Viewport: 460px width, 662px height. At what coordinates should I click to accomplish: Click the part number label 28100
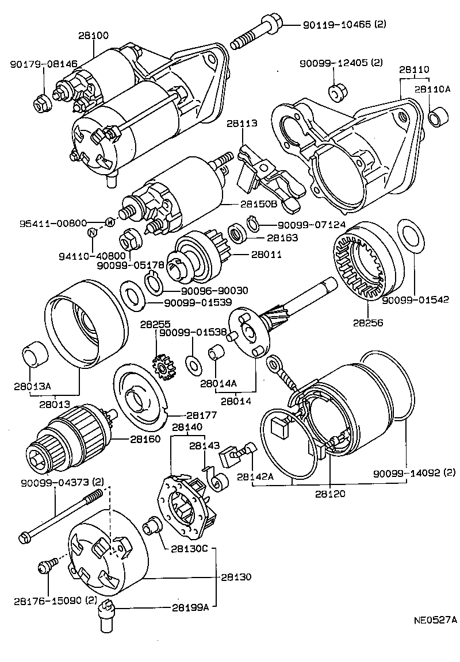pos(93,36)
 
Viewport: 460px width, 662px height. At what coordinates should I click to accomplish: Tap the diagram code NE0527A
pos(435,620)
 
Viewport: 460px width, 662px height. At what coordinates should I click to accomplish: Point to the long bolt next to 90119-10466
pos(256,34)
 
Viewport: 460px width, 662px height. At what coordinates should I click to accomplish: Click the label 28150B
pos(259,204)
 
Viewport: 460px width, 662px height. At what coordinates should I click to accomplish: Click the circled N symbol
pos(92,233)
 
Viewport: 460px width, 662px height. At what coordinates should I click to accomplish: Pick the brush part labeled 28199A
pos(107,613)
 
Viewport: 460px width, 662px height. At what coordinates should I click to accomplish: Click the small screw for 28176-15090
pos(47,566)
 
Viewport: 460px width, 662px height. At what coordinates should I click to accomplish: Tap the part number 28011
pos(266,253)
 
